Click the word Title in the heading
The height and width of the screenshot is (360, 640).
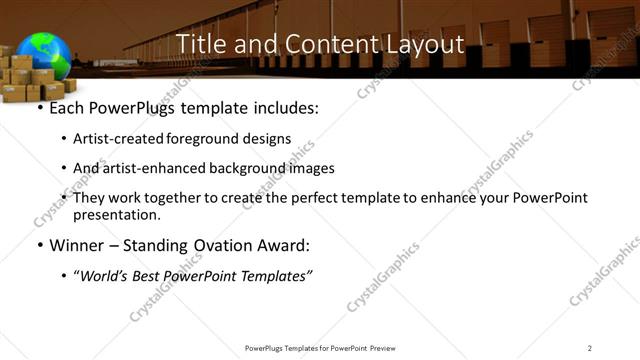pyautogui.click(x=199, y=45)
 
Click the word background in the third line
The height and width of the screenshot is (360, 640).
pyautogui.click(x=243, y=168)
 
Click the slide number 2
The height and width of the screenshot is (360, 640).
pyautogui.click(x=590, y=347)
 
